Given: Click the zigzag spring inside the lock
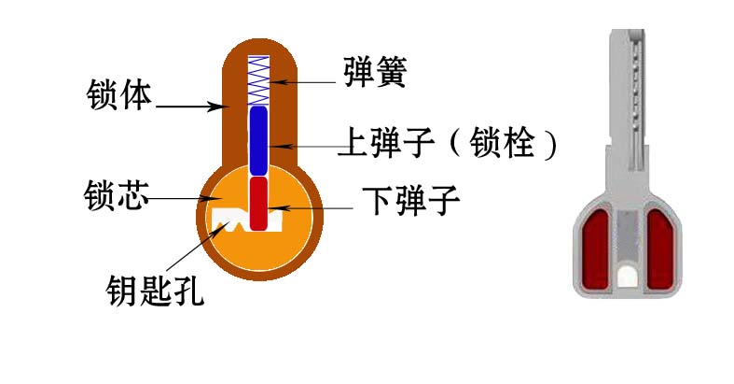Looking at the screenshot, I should pyautogui.click(x=258, y=79).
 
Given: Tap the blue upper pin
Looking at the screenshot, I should pyautogui.click(x=258, y=140).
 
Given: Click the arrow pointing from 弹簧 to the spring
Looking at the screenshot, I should pyautogui.click(x=308, y=83).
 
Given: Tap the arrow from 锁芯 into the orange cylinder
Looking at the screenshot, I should pyautogui.click(x=182, y=198).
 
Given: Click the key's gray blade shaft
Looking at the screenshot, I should pyautogui.click(x=628, y=103).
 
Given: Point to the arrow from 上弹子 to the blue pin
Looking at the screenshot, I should pyautogui.click(x=308, y=146).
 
